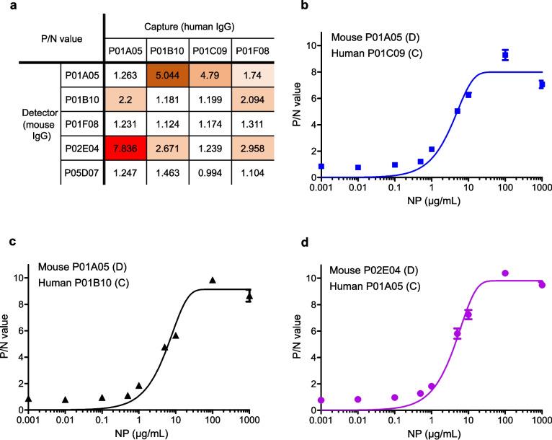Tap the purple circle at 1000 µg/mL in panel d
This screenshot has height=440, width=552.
click(542, 285)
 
